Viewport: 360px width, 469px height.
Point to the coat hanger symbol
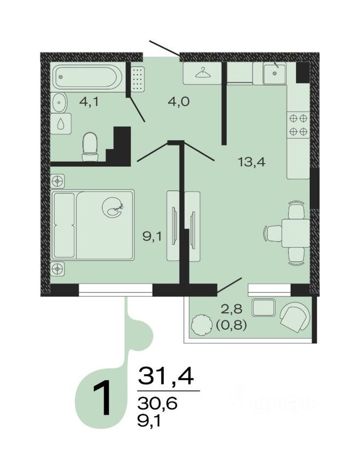click(203, 73)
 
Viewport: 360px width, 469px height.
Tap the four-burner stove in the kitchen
click(298, 124)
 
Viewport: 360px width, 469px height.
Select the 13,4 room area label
click(251, 161)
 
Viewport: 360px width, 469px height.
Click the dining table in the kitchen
click(294, 233)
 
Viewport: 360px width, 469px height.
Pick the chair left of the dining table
click(273, 233)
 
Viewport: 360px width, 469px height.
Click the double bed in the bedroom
click(93, 224)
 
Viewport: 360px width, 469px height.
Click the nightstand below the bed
click(58, 269)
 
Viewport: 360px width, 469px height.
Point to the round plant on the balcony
click(201, 325)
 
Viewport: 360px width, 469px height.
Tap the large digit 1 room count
click(102, 398)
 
